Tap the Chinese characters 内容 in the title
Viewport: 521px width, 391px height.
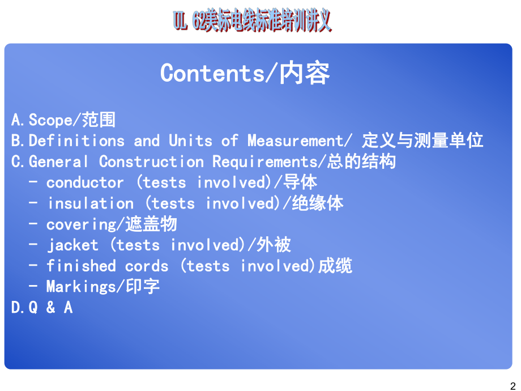pos(305,74)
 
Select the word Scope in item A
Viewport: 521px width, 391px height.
pos(51,120)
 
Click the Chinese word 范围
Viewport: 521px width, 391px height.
pos(99,120)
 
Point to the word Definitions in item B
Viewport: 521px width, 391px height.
pos(76,141)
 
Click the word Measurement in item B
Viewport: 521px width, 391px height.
pos(295,141)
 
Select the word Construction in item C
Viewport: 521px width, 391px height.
pos(151,161)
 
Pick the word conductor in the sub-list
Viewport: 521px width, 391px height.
pos(85,182)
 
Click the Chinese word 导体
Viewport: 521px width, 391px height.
pos(300,182)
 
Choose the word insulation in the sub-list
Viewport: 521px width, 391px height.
pos(91,203)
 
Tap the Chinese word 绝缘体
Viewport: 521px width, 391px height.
pos(317,203)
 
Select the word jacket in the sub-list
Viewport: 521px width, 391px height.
pos(72,245)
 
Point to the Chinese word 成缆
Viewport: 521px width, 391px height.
pos(335,266)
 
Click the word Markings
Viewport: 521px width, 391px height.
pos(81,287)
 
